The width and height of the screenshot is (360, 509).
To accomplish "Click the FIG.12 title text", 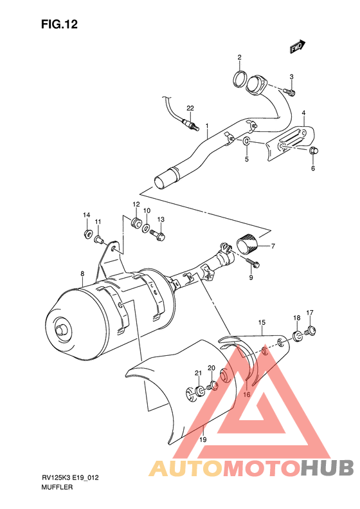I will [x=59, y=24].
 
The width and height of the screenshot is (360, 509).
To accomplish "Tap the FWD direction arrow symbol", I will [x=296, y=46].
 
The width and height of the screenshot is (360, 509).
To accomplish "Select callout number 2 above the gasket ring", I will [x=239, y=58].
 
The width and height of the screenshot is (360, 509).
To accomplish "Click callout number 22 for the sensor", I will [x=190, y=107].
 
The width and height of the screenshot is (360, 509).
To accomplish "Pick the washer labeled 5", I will [x=247, y=141].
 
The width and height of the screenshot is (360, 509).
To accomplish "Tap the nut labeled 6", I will [x=314, y=151].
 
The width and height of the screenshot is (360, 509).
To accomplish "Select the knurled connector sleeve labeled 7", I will [x=247, y=243].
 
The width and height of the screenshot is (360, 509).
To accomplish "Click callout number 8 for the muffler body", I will [x=82, y=273].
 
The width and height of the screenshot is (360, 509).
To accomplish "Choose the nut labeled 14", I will [x=87, y=233].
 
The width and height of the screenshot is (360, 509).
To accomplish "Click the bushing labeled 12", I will [x=136, y=223].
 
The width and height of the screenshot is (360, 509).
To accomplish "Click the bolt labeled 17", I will [x=310, y=331].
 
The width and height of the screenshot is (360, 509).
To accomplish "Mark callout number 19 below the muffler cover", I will [x=203, y=440].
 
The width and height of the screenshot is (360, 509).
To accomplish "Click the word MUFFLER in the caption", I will [x=59, y=488].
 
